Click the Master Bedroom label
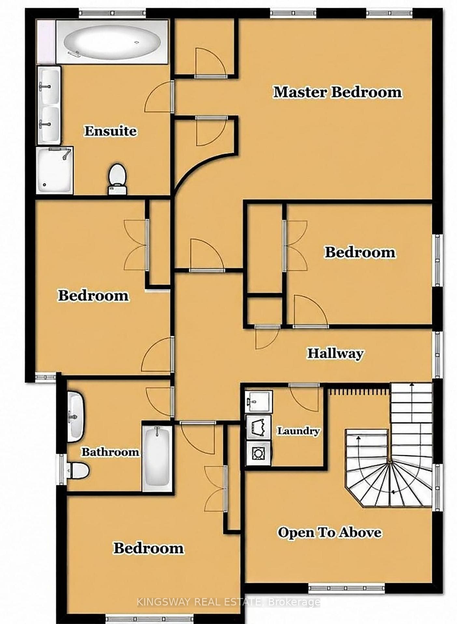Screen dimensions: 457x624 click(338, 92)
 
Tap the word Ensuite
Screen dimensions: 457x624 click(111, 131)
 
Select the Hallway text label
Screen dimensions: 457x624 click(336, 353)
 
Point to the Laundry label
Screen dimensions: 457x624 click(298, 431)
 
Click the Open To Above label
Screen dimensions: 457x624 click(329, 533)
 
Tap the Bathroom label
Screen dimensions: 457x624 click(110, 452)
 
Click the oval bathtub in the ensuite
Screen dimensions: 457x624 click(112, 42)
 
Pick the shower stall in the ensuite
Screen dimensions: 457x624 click(54, 170)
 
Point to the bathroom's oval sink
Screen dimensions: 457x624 click(76, 416)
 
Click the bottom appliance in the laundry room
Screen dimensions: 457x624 click(258, 453)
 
